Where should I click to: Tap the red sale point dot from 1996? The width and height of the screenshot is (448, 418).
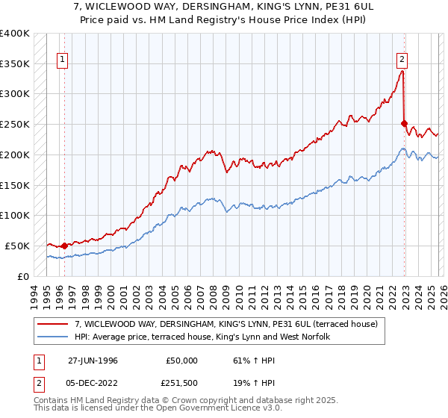coord(64,246)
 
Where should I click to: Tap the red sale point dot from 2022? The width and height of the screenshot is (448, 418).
coord(405,123)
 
